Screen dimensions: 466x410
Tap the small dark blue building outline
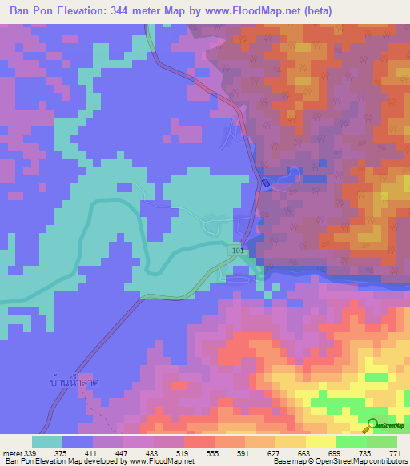(265, 184)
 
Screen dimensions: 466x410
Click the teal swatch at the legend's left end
(47, 441)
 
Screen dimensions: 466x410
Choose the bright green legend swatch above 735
(352, 441)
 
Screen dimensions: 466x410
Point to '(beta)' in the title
(313, 10)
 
